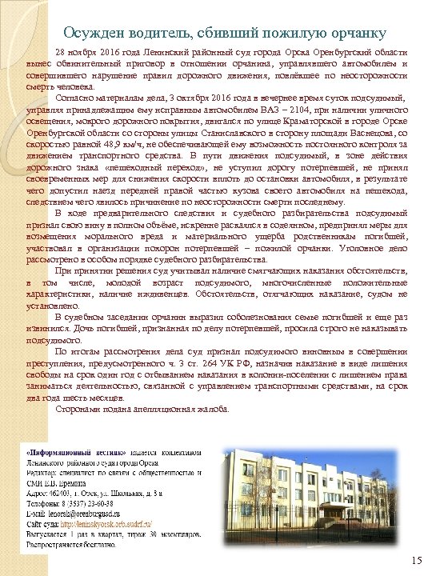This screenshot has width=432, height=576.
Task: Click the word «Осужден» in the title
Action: click(90, 32)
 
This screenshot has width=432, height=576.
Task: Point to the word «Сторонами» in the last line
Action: click(83, 408)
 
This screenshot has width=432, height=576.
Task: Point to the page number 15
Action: click(414, 559)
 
